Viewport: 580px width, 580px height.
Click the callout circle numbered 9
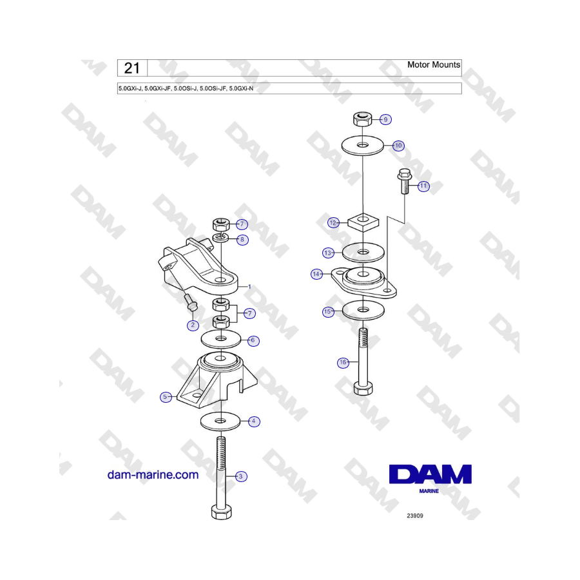(385, 119)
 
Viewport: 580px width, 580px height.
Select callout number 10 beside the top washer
(398, 146)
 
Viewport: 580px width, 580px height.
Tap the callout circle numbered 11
(423, 186)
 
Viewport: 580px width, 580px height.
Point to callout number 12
(333, 223)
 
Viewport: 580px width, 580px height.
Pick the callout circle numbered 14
(316, 274)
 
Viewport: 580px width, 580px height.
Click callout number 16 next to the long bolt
(343, 362)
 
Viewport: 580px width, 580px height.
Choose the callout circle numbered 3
(241, 476)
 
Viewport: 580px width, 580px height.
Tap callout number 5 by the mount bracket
(166, 397)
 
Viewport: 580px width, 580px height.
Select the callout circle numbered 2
(193, 325)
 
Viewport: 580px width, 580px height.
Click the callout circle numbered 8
(242, 239)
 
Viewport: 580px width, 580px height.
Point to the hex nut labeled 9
(362, 119)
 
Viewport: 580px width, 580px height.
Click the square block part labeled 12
(363, 222)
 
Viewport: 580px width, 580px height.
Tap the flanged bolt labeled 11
(405, 181)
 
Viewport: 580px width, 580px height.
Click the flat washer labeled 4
(220, 421)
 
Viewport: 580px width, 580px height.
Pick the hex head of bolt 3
(221, 512)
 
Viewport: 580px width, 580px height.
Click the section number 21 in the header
(132, 68)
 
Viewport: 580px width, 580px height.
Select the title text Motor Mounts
(434, 64)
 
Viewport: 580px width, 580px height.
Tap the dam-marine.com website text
(153, 474)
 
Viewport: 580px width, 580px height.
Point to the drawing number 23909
(414, 516)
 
